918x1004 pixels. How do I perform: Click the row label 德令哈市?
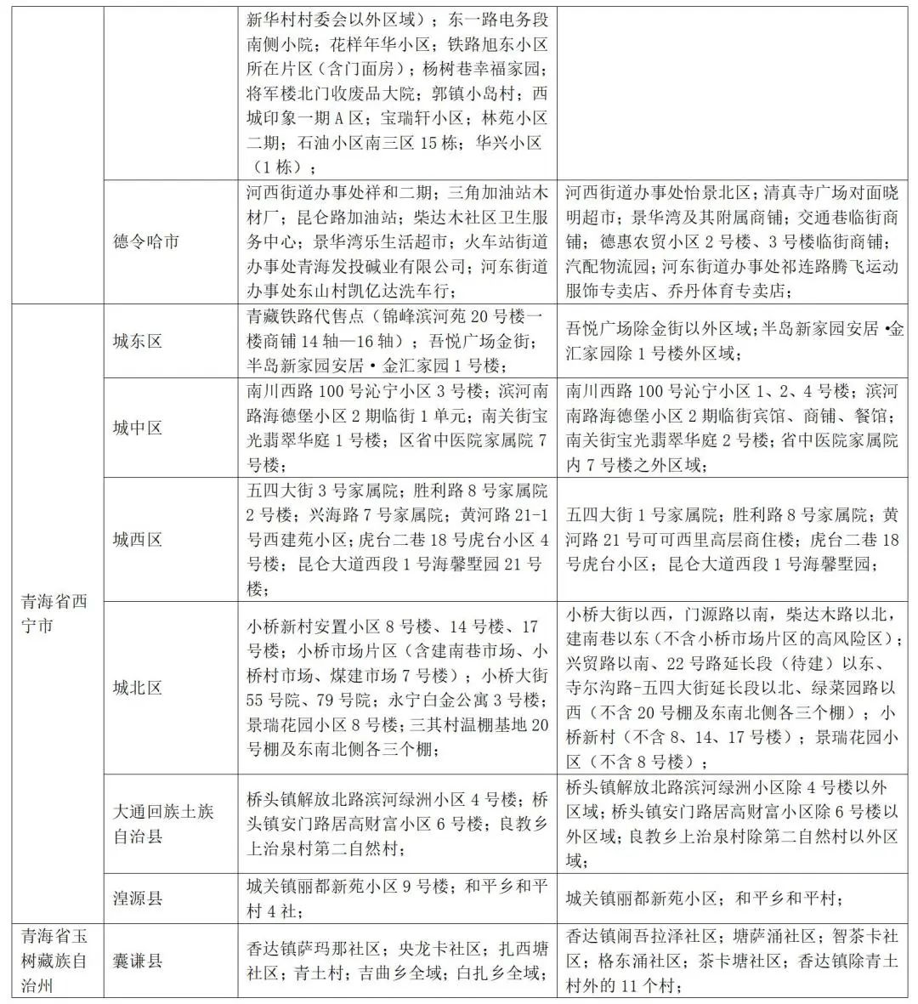(146, 241)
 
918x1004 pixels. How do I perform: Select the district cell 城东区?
(137, 341)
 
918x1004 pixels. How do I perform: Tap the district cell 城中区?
(137, 428)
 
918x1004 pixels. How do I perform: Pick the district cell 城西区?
(137, 539)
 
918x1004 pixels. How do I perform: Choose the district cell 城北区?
(137, 688)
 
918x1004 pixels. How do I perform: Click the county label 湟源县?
(137, 897)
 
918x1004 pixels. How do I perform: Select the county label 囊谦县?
(137, 961)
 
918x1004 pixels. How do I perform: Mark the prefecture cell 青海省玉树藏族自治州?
(55, 961)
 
